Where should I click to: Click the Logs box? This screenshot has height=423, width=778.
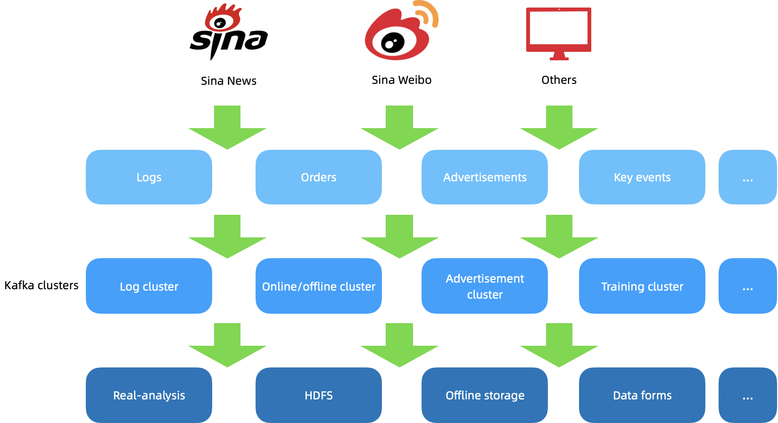click(149, 177)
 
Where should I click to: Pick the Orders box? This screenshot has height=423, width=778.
click(319, 177)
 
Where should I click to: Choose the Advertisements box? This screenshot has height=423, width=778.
click(485, 177)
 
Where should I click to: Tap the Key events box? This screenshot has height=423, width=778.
click(642, 177)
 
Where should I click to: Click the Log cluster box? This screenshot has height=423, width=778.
click(149, 286)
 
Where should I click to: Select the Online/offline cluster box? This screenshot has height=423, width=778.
click(319, 286)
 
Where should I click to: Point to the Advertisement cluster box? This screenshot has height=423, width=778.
click(485, 286)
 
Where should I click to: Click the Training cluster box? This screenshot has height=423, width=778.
click(642, 286)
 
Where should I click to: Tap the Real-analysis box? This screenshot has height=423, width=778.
click(149, 395)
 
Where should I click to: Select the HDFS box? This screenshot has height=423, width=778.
click(319, 395)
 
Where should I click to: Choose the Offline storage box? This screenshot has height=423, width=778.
click(485, 395)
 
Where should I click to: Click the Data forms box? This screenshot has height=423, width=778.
click(642, 395)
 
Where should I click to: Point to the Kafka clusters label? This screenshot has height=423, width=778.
click(41, 285)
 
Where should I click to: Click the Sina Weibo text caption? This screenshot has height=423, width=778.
click(401, 80)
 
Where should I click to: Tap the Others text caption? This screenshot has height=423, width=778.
click(559, 80)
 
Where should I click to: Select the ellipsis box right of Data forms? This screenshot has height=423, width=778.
click(747, 395)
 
